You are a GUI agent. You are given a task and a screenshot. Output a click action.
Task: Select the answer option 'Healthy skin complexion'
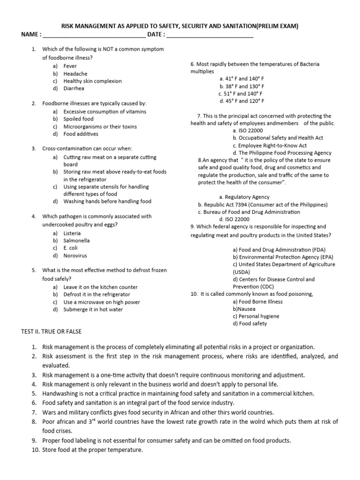[92, 81]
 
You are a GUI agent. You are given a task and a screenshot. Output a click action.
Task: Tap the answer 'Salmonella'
[76, 240]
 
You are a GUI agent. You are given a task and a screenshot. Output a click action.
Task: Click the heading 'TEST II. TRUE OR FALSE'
[52, 331]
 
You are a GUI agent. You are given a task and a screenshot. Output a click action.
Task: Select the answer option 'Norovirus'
[75, 255]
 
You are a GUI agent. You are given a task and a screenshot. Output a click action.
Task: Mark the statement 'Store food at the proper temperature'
[92, 450]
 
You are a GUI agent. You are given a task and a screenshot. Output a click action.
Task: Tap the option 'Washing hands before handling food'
[107, 201]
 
